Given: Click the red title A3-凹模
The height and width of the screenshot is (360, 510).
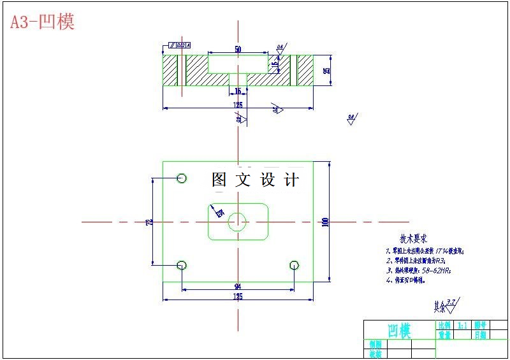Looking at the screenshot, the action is [x=42, y=22].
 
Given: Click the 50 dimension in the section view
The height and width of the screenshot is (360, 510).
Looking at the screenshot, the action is [x=238, y=49].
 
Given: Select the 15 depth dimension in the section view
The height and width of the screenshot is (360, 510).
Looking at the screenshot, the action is [x=275, y=64].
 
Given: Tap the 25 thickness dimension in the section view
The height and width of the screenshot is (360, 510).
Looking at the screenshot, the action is [x=326, y=71].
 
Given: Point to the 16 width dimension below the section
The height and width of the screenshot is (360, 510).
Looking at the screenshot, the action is [x=238, y=91].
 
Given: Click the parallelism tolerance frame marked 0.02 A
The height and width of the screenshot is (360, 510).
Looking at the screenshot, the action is [x=179, y=45].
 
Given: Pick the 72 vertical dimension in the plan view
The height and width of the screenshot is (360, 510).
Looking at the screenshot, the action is [x=149, y=222].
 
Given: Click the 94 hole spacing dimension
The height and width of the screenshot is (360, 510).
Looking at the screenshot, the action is [x=238, y=286].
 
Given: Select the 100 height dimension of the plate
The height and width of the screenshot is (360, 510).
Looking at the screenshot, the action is [x=325, y=222].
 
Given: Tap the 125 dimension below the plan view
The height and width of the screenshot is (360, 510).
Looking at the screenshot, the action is [x=238, y=296].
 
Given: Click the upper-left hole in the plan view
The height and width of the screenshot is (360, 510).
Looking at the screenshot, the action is [x=182, y=178].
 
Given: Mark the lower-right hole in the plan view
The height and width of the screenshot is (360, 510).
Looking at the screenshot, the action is [x=294, y=264].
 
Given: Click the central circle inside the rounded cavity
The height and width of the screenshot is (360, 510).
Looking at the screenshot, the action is [x=238, y=222].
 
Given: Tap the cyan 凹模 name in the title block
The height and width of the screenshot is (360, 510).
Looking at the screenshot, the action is [x=400, y=330].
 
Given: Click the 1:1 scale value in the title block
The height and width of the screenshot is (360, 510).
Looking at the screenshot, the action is [x=462, y=325].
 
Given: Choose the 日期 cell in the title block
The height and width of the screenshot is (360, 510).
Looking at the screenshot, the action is [x=480, y=335].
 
